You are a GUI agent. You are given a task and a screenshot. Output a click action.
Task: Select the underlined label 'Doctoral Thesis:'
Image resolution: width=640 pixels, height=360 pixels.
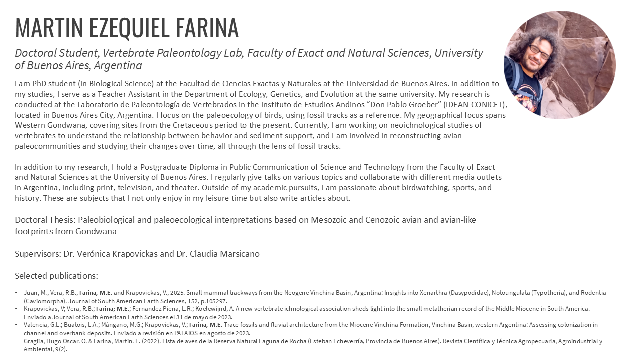coord(45,220)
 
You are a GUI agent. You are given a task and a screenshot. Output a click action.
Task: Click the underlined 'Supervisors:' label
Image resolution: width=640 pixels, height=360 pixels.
coord(38,254)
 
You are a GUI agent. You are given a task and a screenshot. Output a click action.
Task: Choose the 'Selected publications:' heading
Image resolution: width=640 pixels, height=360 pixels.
coord(56,276)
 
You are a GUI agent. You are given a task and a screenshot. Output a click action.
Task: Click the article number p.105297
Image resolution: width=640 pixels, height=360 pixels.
coord(212,301)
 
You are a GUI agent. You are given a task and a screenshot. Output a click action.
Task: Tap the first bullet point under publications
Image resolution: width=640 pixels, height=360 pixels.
coord(17,293)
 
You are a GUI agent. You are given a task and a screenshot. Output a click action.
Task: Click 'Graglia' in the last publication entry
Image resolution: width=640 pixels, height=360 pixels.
coord(34,341)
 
